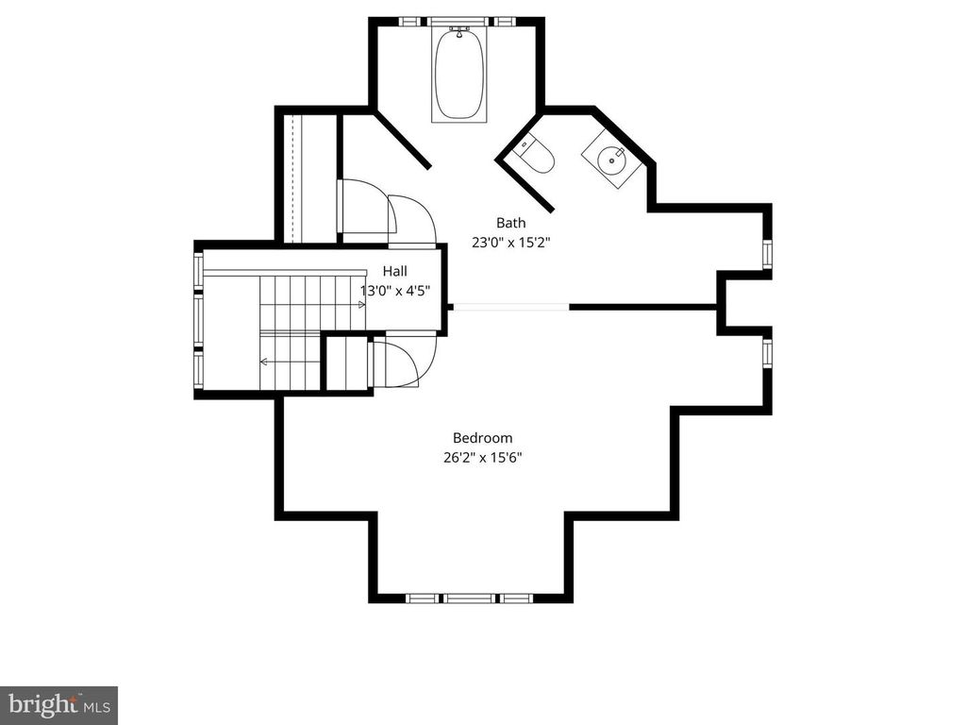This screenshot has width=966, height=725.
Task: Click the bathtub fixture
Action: coord(458,76)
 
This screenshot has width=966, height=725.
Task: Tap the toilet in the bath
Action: coord(536,157)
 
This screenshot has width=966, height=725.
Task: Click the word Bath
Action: coord(510,224)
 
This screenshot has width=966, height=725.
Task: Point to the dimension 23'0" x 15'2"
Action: coord(510,242)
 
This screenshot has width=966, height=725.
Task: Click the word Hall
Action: coord(393,272)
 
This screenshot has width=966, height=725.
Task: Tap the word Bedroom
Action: coord(482,438)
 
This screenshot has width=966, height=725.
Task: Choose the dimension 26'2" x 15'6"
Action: coord(482,457)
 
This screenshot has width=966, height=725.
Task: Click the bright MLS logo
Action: coord(58,704)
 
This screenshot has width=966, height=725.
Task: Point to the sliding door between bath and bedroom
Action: coord(510,306)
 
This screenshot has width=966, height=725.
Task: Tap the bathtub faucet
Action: coord(459,31)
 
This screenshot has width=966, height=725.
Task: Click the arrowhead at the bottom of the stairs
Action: coord(264,361)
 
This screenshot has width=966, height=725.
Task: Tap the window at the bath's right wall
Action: coord(767,254)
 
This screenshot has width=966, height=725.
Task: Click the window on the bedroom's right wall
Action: coord(767,351)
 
